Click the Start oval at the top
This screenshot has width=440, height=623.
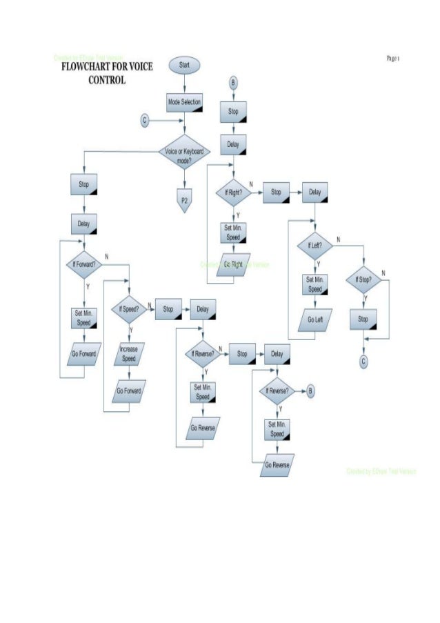(185, 64)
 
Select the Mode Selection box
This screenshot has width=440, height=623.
(185, 102)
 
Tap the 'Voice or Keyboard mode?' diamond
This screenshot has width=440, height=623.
(184, 155)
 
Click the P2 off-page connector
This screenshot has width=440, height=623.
(184, 200)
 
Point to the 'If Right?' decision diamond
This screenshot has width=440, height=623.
(233, 193)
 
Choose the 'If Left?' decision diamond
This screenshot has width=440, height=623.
(314, 246)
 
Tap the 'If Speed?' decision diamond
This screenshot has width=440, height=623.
(129, 310)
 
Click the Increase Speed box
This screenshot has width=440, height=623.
(129, 354)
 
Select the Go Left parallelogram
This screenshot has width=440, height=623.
(314, 321)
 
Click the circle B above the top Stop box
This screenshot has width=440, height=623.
(233, 82)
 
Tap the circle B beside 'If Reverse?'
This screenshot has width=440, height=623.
(310, 391)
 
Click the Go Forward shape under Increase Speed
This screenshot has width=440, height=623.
(129, 391)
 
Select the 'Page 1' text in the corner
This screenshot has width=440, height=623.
(394, 59)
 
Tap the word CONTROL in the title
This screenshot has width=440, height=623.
(107, 79)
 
